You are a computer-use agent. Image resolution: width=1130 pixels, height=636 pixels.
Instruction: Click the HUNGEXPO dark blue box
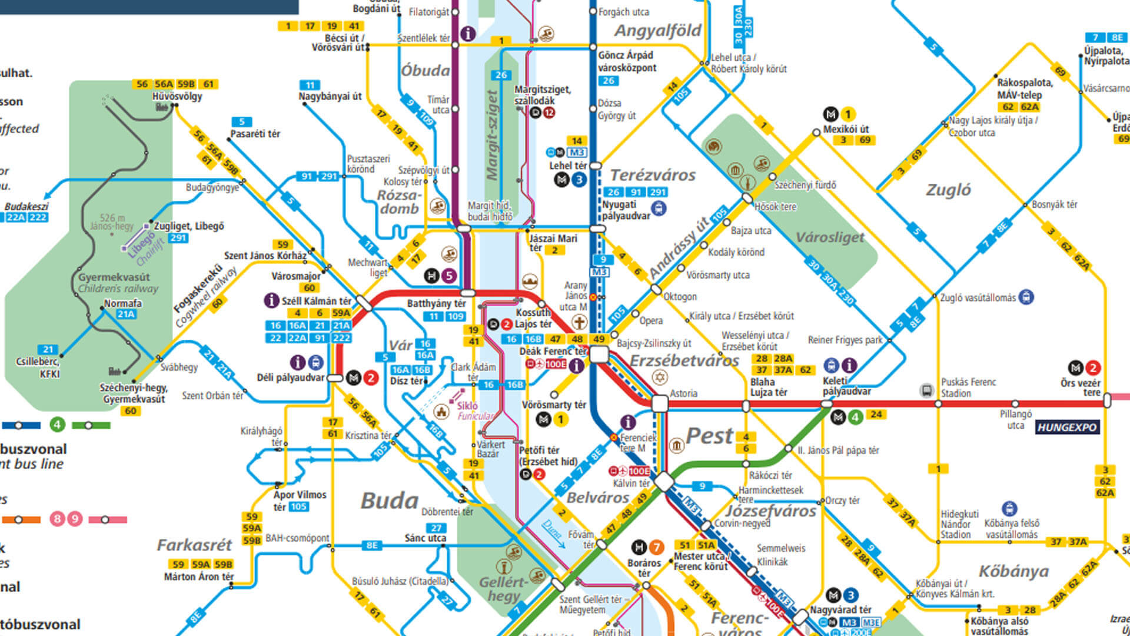point(1066,428)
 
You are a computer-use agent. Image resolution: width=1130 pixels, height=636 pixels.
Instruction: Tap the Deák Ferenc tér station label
point(553,352)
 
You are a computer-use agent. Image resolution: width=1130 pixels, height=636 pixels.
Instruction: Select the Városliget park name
point(830,237)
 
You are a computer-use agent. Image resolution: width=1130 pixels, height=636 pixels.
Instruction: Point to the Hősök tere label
point(775,207)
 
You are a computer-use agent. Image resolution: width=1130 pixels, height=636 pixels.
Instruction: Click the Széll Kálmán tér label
point(316,301)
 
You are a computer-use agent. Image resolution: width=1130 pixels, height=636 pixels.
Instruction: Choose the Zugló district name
point(948,190)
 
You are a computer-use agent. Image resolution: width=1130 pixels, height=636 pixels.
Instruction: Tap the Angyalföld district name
point(657,31)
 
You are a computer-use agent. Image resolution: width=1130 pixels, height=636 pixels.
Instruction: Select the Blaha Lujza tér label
point(768,387)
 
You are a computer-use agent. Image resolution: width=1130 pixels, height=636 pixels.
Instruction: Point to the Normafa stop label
point(122,303)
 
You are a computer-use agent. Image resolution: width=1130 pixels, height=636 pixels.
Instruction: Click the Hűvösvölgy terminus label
point(177,96)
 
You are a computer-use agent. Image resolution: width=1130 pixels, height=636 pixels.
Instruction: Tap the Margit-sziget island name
point(492,135)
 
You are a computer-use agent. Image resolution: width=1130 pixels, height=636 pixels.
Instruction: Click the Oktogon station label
point(680,297)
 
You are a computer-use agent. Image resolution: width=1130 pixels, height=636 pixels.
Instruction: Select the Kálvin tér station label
point(632,483)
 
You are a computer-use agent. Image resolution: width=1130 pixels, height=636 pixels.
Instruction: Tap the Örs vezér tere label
point(1080,387)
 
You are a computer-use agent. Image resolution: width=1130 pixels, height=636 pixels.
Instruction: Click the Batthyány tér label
point(436,303)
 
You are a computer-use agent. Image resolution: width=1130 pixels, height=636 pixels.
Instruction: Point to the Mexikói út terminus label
point(846,129)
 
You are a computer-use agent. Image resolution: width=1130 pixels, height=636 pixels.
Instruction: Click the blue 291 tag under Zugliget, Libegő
point(178,238)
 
